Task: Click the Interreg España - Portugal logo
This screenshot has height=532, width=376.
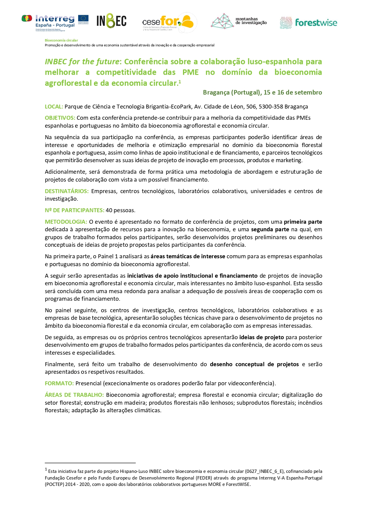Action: (x=48, y=22)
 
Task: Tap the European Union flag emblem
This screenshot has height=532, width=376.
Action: (x=83, y=19)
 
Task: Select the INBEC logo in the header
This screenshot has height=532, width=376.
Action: (x=111, y=21)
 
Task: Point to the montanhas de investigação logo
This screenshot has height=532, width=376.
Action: (x=239, y=21)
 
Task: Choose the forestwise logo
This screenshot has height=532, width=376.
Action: (x=308, y=23)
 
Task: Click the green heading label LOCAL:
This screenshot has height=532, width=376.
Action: (x=54, y=107)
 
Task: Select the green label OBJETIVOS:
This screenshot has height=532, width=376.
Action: (x=60, y=118)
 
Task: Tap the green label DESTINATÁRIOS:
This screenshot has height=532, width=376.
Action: (x=67, y=191)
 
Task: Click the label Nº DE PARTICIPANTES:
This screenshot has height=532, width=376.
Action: (x=75, y=210)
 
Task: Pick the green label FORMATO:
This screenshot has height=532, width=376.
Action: (x=59, y=383)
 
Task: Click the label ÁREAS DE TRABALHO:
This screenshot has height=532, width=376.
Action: (x=74, y=395)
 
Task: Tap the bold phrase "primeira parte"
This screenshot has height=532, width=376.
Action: (x=303, y=222)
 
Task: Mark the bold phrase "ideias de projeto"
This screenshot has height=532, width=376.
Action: (x=261, y=337)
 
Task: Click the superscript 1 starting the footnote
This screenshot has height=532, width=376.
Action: (x=46, y=470)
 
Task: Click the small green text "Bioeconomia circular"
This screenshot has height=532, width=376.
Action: (x=62, y=40)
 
